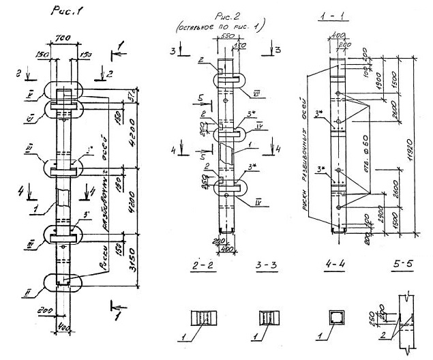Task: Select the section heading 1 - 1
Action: pyautogui.click(x=333, y=14)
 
